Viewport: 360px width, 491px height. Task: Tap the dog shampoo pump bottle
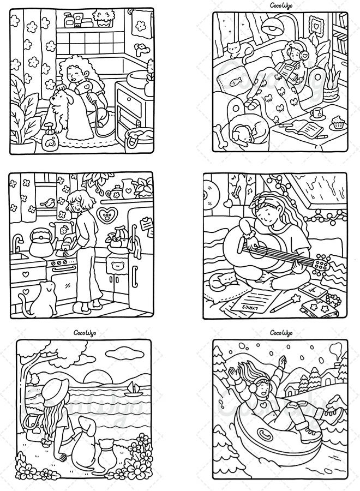coord(50,138)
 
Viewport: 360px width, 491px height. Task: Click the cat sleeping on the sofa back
coord(236,50)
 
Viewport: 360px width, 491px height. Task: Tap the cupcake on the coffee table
coord(339,122)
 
